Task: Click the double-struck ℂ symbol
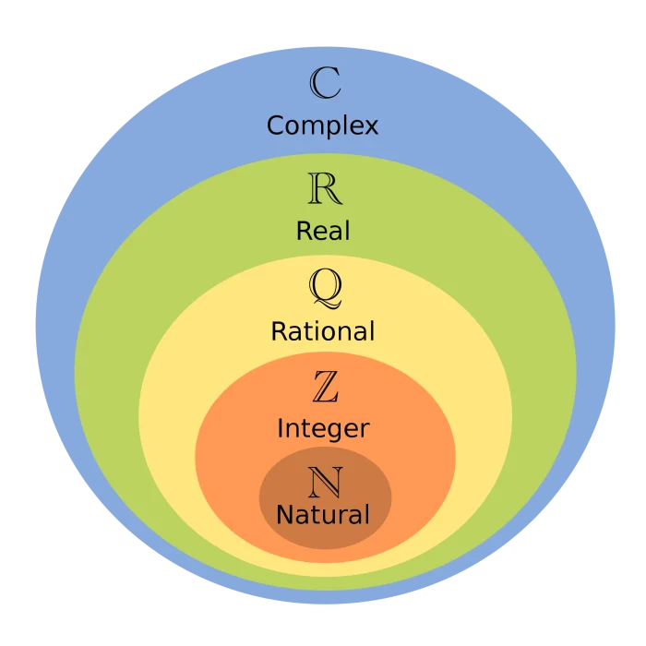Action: (324, 83)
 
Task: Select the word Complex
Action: (323, 126)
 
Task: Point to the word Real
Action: (323, 230)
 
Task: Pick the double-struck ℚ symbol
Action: (325, 291)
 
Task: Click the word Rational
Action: (323, 330)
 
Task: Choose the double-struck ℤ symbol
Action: (325, 388)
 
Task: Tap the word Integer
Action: (323, 429)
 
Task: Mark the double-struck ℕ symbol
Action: (325, 482)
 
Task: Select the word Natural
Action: (323, 514)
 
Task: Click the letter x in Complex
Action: (371, 126)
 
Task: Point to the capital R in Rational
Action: (278, 330)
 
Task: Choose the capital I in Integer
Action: (281, 428)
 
